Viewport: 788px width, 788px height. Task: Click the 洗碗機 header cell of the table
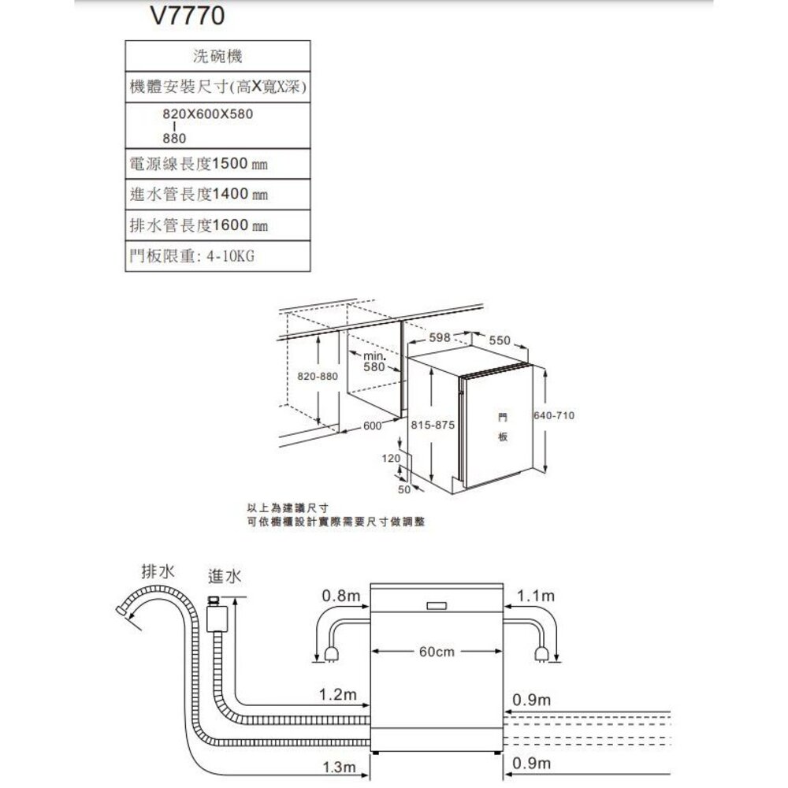(x=217, y=57)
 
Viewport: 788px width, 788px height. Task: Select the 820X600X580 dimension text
(x=208, y=114)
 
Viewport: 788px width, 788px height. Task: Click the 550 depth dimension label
(x=500, y=340)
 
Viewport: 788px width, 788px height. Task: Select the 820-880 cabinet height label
(x=318, y=377)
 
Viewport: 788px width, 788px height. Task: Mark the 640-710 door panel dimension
(x=553, y=414)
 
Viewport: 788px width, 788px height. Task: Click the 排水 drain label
(x=158, y=571)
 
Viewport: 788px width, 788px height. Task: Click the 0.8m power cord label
(x=340, y=596)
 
